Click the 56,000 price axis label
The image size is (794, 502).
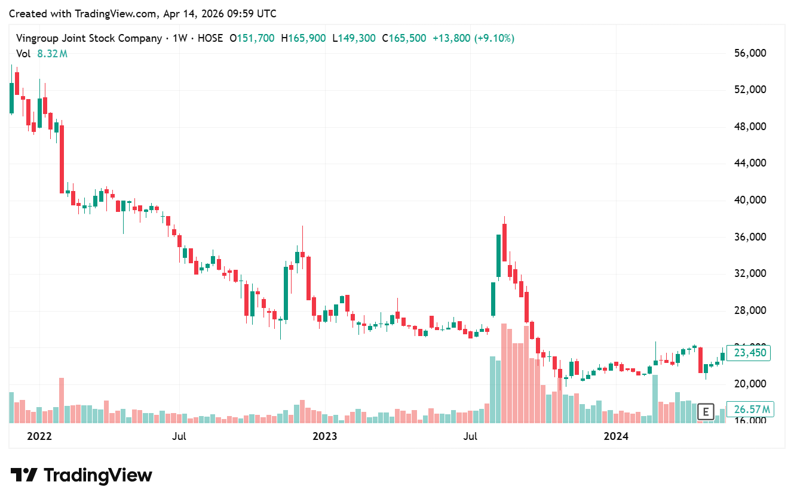click(x=749, y=53)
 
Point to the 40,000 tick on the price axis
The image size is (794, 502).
click(x=749, y=200)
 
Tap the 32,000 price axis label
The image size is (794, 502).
click(x=749, y=273)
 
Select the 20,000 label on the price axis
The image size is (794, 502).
click(x=749, y=384)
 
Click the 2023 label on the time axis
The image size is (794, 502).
click(x=325, y=436)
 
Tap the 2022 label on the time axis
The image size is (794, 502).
click(x=40, y=436)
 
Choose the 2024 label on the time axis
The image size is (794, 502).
click(x=616, y=436)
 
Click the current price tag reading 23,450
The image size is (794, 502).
click(x=749, y=353)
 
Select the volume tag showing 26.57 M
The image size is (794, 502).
click(x=749, y=409)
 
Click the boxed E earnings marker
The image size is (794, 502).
click(x=706, y=411)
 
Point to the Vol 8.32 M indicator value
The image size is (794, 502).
click(x=52, y=54)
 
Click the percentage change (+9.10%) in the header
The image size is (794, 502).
click(x=494, y=38)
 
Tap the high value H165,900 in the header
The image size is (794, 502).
click(x=307, y=38)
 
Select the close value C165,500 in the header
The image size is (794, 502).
click(x=407, y=38)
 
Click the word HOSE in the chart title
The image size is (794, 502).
click(x=210, y=38)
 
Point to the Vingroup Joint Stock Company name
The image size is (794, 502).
click(x=89, y=38)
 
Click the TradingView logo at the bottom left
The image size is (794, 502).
click(x=81, y=475)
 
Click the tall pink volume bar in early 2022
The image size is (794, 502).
click(x=61, y=400)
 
